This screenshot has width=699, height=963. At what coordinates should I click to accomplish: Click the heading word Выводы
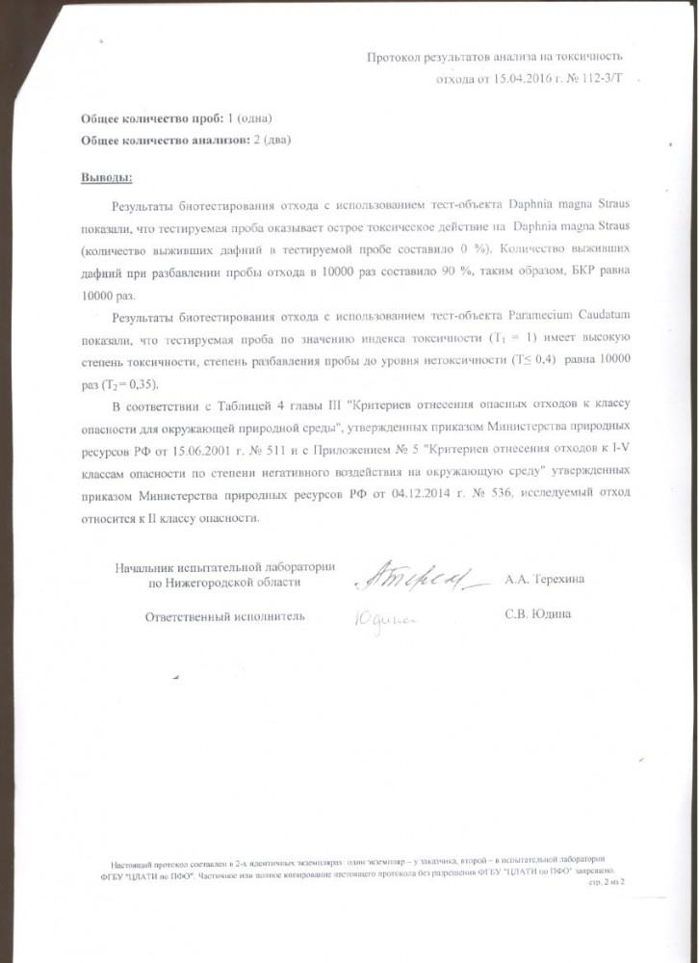click(106, 179)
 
